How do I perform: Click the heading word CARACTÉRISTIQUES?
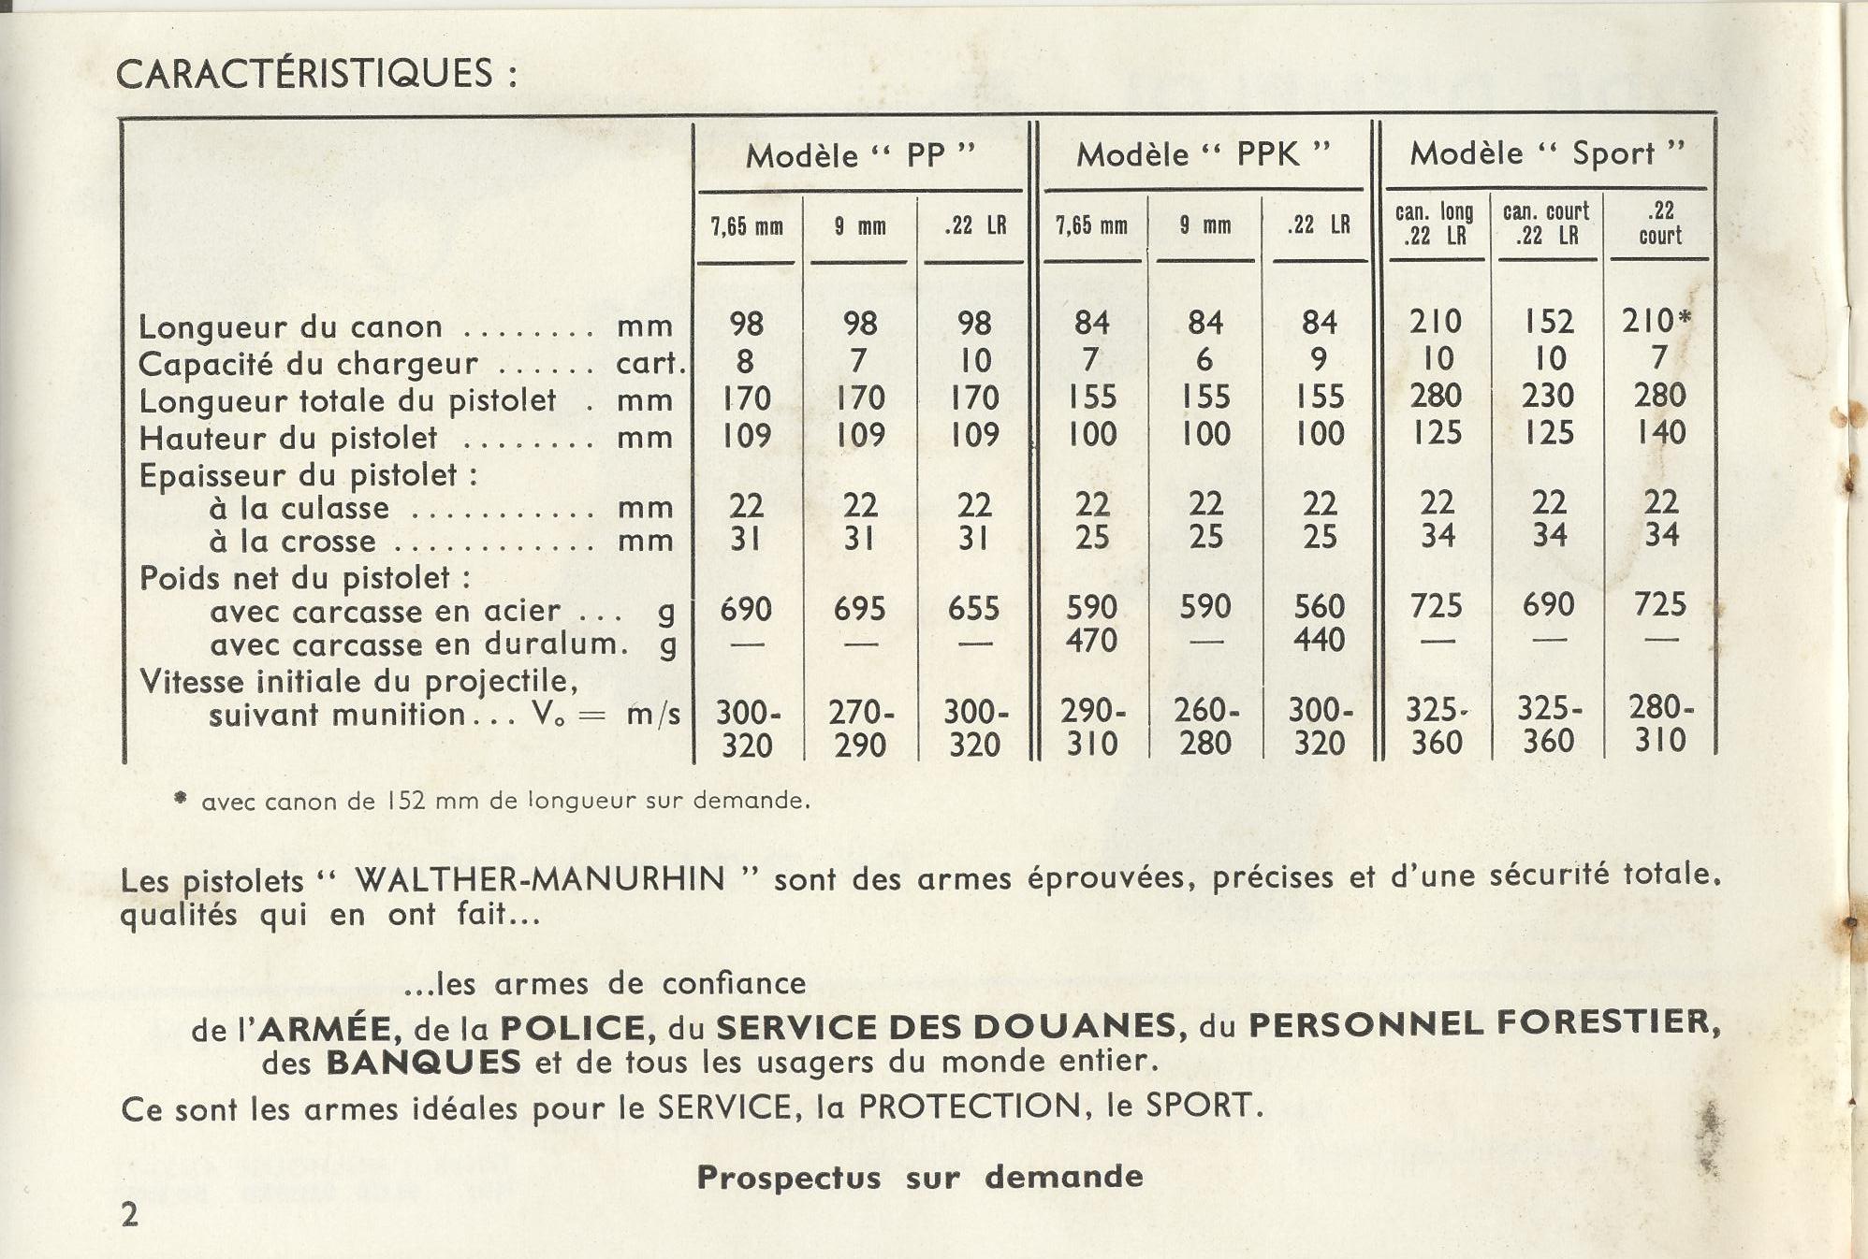[x=305, y=74]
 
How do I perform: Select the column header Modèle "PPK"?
[x=1203, y=154]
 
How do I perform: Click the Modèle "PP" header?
[x=860, y=155]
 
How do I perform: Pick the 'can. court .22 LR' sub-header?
[x=1546, y=224]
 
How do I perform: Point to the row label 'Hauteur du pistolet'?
[x=288, y=438]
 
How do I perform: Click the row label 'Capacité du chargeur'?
[x=308, y=363]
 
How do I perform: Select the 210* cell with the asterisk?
[x=1656, y=321]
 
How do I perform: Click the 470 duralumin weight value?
[x=1091, y=641]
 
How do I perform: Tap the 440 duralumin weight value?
[x=1319, y=640]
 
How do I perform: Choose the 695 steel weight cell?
[x=859, y=609]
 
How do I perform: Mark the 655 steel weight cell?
[x=973, y=609]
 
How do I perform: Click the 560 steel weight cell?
[x=1319, y=607]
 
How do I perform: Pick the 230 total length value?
[x=1547, y=396]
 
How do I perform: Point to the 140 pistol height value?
[x=1660, y=432]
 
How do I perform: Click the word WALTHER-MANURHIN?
[x=540, y=879]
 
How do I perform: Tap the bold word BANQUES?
[x=423, y=1063]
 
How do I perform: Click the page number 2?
[x=129, y=1214]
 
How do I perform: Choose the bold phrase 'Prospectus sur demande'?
[x=920, y=1177]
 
